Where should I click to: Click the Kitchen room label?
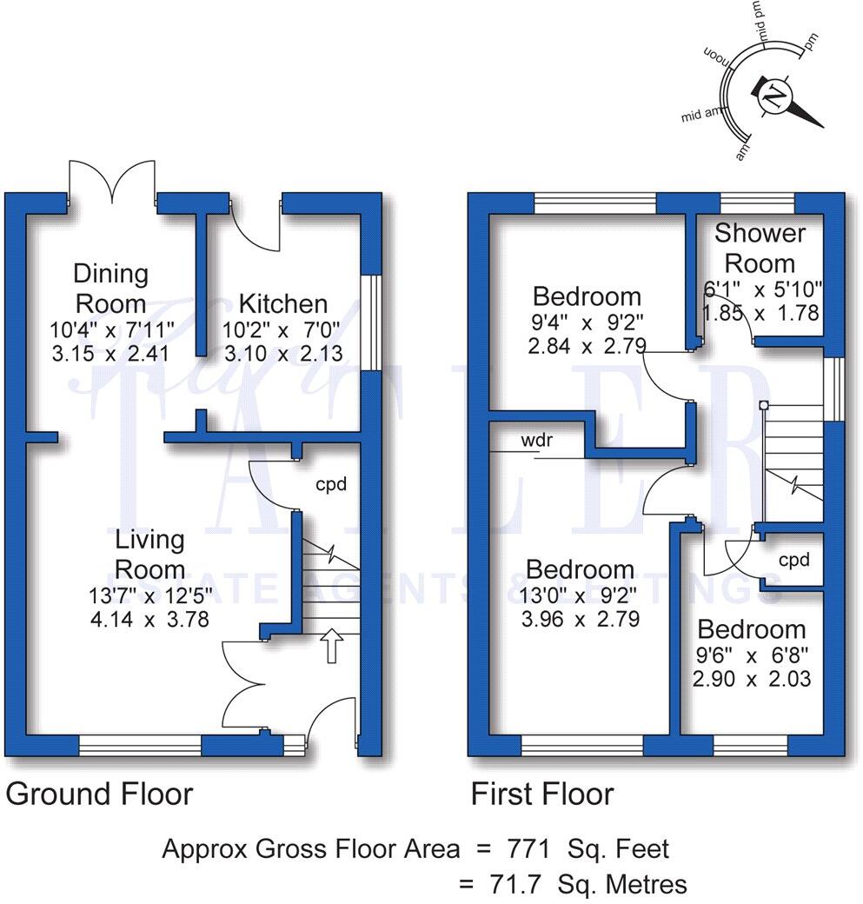[283, 303]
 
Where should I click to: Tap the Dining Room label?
[110, 289]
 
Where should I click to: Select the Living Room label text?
[150, 554]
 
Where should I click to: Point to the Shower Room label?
[760, 248]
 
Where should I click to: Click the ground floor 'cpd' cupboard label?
[331, 484]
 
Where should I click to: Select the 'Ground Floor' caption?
[99, 794]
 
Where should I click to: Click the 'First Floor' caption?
[542, 794]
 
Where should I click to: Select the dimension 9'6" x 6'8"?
[753, 655]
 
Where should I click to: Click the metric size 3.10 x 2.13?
[283, 354]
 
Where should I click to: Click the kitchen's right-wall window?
[371, 323]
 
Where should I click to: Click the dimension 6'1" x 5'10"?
[761, 288]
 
